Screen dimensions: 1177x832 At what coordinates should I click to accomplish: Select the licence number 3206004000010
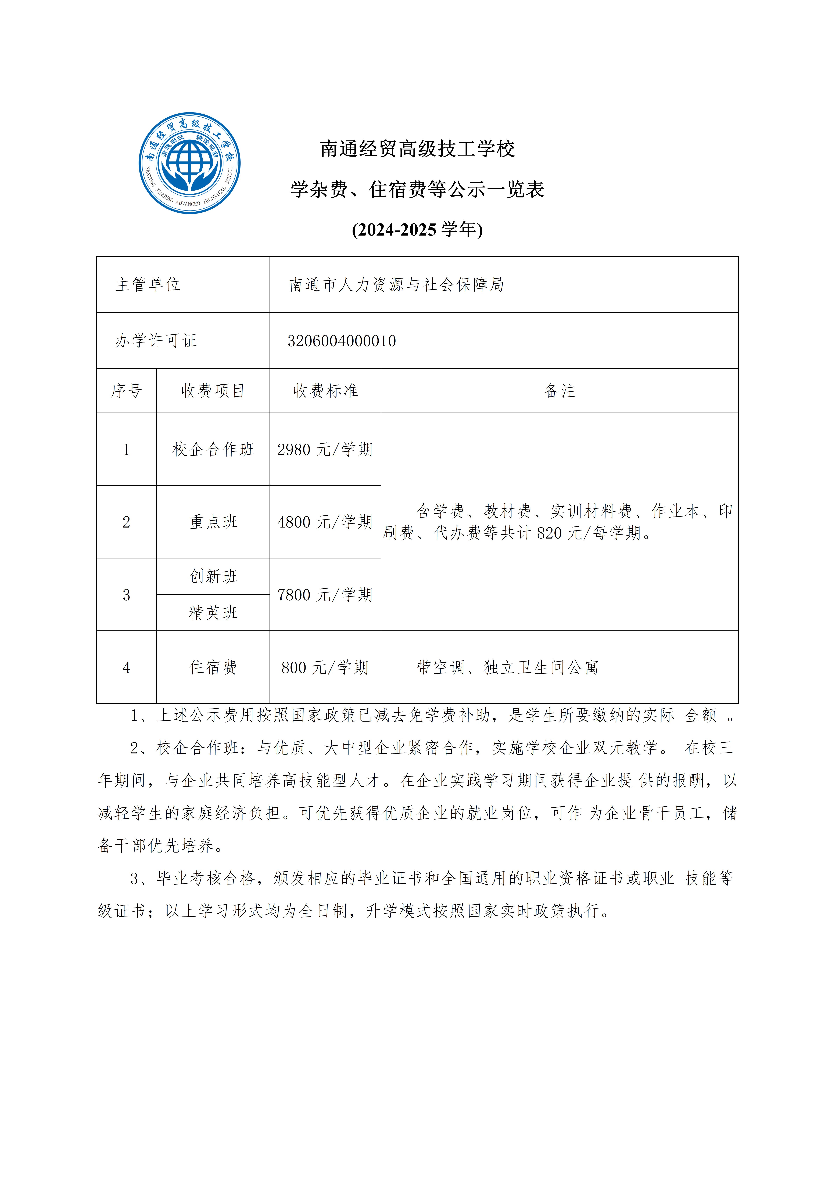click(x=342, y=341)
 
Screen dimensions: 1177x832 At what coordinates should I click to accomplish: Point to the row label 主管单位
click(x=148, y=284)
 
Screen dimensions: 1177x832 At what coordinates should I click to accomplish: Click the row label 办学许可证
click(x=156, y=341)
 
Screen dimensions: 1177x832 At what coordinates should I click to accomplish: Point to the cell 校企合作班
click(x=213, y=450)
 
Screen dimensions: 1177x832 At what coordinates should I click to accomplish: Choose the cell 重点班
click(x=213, y=522)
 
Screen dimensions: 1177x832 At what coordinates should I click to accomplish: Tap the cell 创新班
click(x=213, y=576)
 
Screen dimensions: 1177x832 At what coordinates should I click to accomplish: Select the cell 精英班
click(x=213, y=613)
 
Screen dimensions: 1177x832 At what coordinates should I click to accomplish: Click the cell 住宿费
click(x=213, y=667)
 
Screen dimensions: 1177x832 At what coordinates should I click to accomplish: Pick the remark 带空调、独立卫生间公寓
click(x=507, y=667)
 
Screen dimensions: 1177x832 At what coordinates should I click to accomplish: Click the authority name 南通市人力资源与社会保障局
click(x=396, y=284)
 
